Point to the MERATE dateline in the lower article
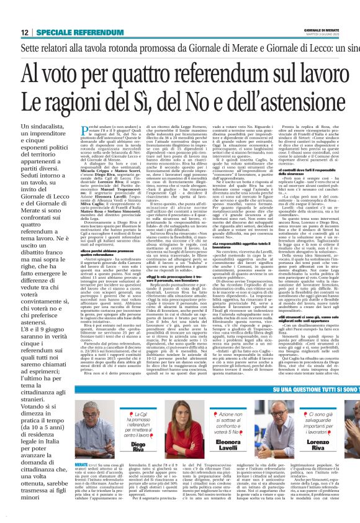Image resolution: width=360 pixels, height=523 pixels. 81,464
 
